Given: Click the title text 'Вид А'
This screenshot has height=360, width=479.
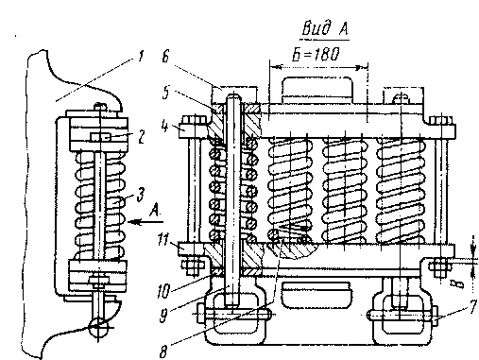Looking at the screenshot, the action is [x=325, y=28].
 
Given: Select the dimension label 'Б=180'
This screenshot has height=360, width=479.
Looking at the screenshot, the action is [x=316, y=54].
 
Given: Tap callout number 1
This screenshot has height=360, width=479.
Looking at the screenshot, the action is [x=140, y=57].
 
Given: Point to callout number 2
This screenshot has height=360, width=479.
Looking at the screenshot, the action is [x=142, y=137].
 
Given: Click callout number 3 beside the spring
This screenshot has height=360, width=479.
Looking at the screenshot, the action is [x=141, y=195].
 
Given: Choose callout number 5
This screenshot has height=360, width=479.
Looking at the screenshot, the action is [x=166, y=93].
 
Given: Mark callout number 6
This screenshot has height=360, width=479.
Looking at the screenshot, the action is [x=166, y=57].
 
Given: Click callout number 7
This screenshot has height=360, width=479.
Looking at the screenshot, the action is [x=473, y=306].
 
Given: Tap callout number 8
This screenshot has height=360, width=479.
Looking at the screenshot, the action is [x=163, y=351].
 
